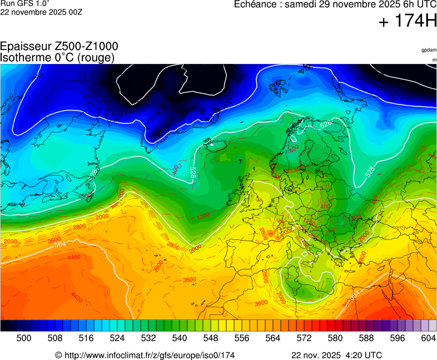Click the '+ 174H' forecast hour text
[408, 22]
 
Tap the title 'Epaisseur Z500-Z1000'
[59, 47]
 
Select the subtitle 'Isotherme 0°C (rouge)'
[57, 57]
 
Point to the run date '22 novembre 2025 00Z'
[41, 12]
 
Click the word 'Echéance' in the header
[255, 4]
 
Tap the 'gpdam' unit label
[429, 50]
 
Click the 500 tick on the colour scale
[24, 338]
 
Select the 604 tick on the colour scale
[428, 338]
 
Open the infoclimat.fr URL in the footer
[148, 355]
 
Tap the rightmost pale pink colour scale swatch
[433, 326]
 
